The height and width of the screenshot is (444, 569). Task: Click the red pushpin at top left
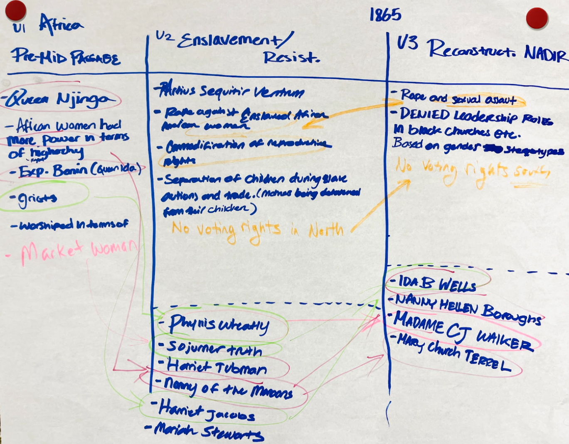16,10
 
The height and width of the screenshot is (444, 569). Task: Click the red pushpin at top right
537,18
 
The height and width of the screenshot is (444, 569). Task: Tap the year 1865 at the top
385,15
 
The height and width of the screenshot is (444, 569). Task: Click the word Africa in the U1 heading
61,23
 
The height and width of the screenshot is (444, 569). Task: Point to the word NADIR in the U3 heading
545,53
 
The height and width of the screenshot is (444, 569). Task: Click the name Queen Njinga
60,99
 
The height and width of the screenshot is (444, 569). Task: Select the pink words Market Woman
79,250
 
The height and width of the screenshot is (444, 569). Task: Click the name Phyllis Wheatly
219,325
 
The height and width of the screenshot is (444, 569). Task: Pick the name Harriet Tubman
217,367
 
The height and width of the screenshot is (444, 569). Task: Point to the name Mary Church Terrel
453,353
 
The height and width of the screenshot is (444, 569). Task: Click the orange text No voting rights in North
258,230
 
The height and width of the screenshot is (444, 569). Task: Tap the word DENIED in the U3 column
424,114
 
